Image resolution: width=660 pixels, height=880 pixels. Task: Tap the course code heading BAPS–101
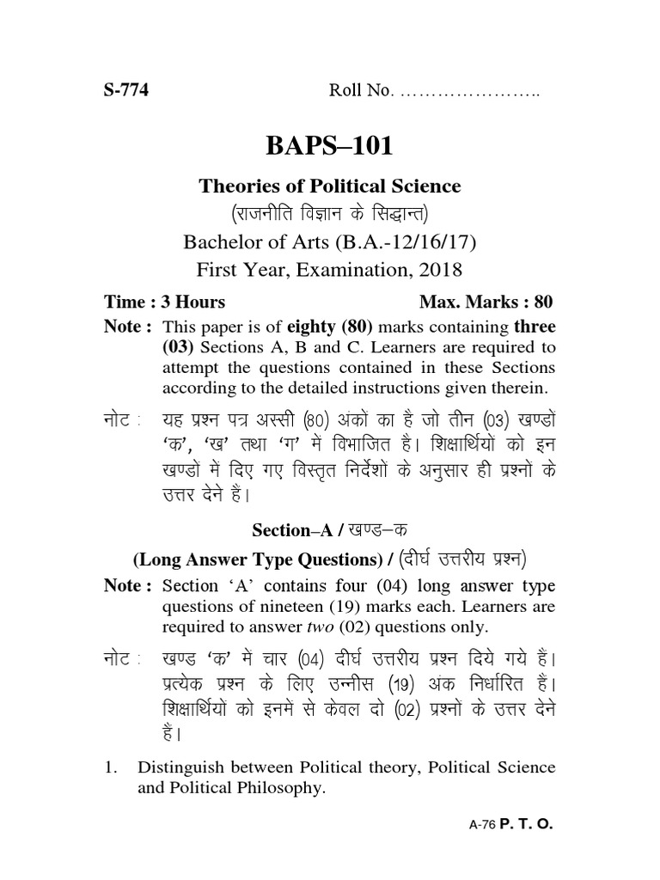click(330, 146)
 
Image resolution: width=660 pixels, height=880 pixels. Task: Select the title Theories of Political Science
click(330, 186)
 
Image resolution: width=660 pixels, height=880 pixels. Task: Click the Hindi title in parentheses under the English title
click(330, 213)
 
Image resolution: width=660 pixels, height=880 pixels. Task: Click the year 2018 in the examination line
click(441, 271)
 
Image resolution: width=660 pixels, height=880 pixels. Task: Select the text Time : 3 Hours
click(165, 302)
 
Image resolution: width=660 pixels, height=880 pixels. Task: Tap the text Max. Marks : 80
click(486, 302)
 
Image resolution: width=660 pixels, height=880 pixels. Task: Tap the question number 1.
click(109, 767)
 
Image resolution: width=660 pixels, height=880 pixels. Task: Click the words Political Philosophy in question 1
click(232, 787)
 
